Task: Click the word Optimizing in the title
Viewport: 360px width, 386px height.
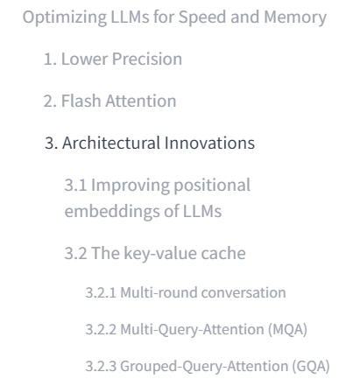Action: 65,18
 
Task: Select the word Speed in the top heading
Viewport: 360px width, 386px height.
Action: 202,18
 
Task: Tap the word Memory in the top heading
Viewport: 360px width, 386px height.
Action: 295,18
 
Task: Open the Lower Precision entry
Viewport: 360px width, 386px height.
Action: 113,59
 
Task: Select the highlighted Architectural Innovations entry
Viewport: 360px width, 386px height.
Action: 150,143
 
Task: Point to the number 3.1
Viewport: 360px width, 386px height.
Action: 75,186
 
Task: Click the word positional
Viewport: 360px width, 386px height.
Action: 212,186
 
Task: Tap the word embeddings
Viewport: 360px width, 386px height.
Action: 112,211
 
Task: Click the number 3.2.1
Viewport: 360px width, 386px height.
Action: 101,292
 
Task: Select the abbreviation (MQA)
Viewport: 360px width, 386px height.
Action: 287,330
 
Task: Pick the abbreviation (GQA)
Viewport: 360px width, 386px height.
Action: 311,367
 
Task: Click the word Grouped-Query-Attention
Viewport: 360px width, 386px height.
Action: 204,367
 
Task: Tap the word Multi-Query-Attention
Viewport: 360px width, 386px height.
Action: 193,330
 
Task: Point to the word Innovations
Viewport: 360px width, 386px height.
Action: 209,143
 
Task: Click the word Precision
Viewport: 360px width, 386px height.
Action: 147,59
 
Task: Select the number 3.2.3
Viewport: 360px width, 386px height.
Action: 101,367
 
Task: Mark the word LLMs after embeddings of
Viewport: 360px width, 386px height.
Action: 202,211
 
